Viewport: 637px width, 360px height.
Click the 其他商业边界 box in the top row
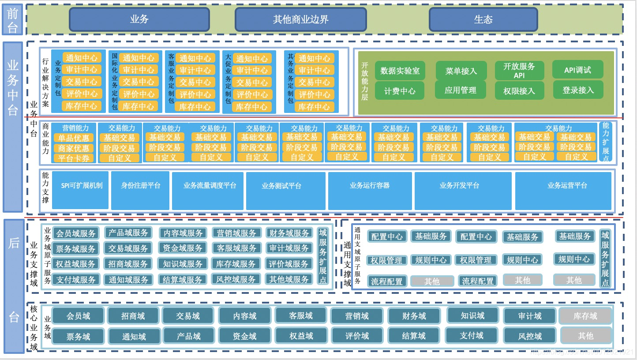300,19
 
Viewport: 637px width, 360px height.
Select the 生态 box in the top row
483,19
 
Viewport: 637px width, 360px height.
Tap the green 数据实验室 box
400,71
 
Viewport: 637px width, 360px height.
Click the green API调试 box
577,70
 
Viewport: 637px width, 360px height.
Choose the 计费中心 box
400,91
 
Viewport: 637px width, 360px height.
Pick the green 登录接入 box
578,90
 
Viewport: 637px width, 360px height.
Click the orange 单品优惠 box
74,138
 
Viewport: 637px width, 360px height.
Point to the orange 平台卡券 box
74,158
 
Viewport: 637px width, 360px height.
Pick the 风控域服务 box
236,279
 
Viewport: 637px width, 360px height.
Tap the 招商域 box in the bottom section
133,316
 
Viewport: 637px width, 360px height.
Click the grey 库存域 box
585,316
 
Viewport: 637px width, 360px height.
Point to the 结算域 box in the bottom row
414,336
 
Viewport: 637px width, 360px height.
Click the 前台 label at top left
12,19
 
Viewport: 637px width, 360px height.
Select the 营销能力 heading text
75,128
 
